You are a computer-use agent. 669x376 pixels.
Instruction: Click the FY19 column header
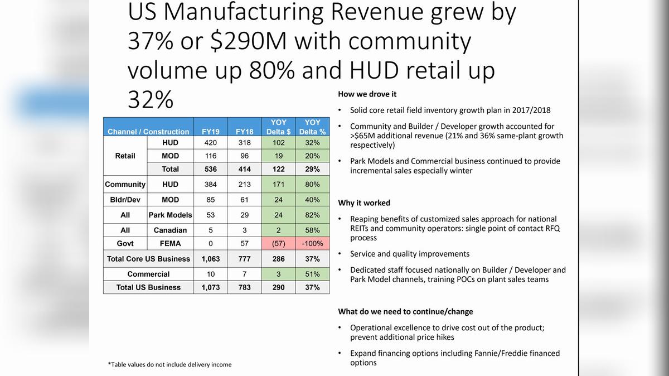click(211, 132)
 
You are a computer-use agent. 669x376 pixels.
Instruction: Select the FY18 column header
click(244, 132)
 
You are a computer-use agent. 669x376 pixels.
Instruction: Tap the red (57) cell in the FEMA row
click(278, 244)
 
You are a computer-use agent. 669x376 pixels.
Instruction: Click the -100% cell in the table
click(312, 244)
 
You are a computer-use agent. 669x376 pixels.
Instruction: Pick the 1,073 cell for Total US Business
click(211, 287)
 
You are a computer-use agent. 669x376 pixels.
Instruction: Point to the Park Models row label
click(170, 215)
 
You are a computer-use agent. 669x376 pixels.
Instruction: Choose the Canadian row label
click(170, 230)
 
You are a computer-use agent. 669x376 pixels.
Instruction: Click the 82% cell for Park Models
click(312, 215)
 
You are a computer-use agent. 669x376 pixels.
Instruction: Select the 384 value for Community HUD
click(211, 185)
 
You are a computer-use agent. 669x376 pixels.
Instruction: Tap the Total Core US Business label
click(148, 259)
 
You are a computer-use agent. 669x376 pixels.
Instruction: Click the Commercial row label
click(148, 274)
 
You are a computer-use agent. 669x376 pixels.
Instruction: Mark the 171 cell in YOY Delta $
click(278, 185)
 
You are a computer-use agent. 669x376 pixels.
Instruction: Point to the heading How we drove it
click(367, 94)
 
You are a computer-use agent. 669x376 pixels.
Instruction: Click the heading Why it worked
click(364, 203)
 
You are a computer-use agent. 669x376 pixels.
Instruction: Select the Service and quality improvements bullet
click(410, 254)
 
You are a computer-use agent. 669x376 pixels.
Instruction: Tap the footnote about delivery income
click(169, 364)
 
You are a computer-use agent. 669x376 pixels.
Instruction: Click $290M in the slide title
click(249, 41)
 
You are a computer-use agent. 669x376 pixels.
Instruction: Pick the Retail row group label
click(125, 156)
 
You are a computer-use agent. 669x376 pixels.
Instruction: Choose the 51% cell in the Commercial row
click(312, 274)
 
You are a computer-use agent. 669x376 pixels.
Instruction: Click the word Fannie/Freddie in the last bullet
click(490, 353)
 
